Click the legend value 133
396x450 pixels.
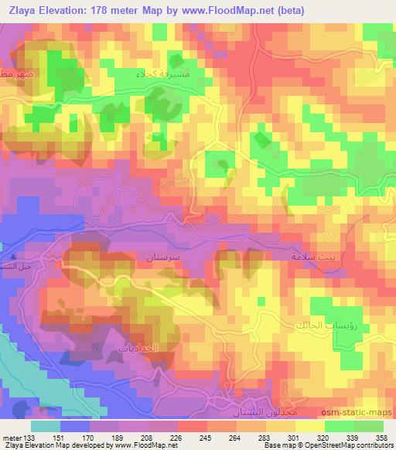29,436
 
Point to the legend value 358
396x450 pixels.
381,436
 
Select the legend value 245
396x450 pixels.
205,436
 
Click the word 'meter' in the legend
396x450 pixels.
11,436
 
